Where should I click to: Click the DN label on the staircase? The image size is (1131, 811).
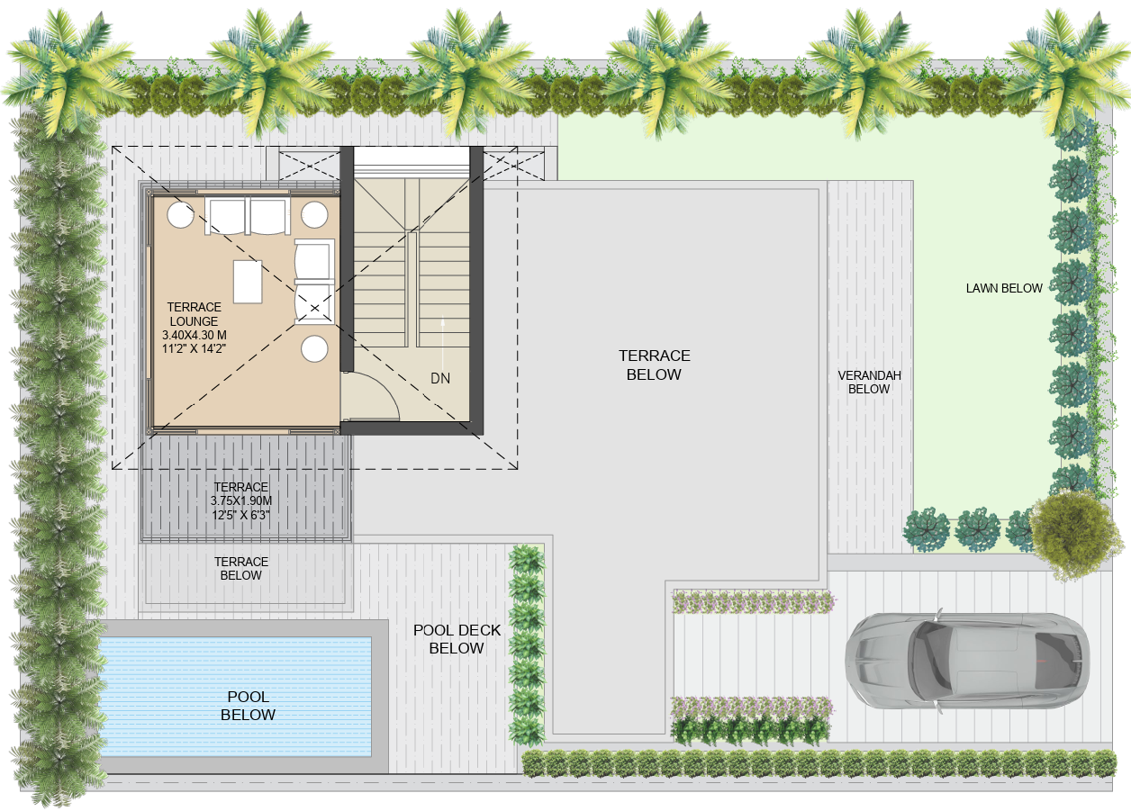(x=439, y=379)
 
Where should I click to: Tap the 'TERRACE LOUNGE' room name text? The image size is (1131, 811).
(x=194, y=314)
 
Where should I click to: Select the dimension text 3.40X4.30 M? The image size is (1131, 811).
(x=194, y=335)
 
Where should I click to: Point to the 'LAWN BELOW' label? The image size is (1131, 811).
(x=1004, y=289)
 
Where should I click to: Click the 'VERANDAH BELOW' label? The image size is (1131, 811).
(x=869, y=383)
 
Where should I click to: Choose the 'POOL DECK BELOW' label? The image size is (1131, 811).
(x=457, y=639)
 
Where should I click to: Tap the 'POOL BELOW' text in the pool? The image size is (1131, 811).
(x=248, y=706)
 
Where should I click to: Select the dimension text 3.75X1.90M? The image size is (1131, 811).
(x=241, y=501)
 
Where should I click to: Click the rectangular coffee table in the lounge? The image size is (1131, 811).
(x=248, y=281)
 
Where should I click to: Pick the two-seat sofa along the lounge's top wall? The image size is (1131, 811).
(x=248, y=216)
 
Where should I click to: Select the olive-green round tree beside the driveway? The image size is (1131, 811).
(x=1072, y=534)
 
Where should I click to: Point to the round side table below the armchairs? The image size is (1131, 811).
(x=314, y=349)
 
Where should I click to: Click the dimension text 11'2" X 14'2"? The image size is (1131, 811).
(x=194, y=349)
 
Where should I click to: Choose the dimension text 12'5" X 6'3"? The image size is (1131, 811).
(x=241, y=516)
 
